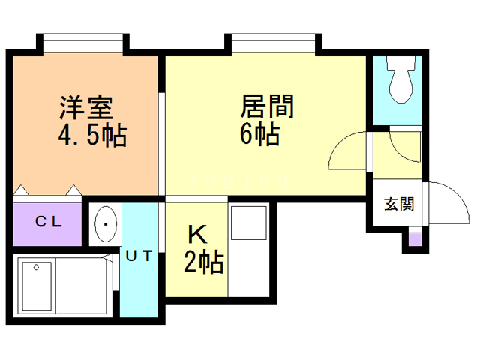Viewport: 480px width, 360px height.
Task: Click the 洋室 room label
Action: [x=86, y=106]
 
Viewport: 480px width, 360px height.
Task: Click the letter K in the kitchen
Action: [x=196, y=235]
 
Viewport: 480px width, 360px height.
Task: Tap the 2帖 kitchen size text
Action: [x=203, y=263]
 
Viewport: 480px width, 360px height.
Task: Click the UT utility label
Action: [x=139, y=256]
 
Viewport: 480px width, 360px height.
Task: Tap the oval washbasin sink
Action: [x=105, y=223]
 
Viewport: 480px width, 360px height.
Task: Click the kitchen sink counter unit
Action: [x=250, y=251]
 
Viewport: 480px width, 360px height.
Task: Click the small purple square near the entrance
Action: [x=413, y=240]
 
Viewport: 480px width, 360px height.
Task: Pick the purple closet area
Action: [x=46, y=223]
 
